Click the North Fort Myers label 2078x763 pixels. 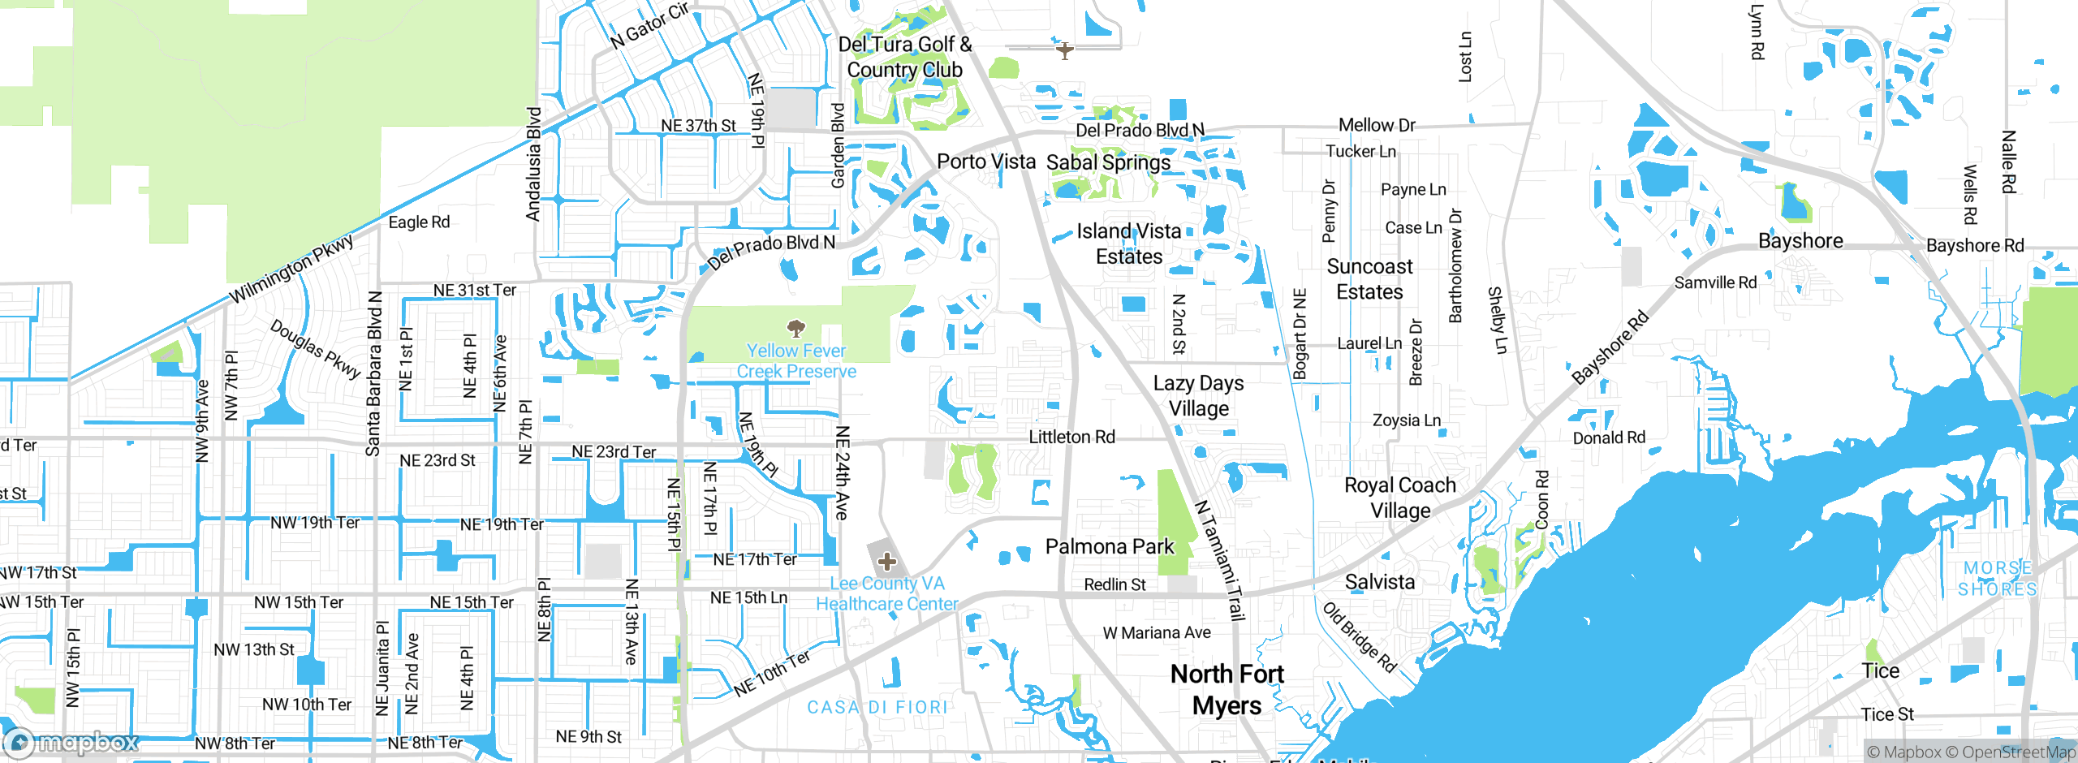pyautogui.click(x=1227, y=689)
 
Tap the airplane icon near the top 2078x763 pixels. pyautogui.click(x=1064, y=50)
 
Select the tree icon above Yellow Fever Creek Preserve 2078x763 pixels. pyautogui.click(x=796, y=328)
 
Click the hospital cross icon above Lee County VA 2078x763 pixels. pyautogui.click(x=887, y=561)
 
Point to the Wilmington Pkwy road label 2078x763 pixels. pyautogui.click(x=291, y=269)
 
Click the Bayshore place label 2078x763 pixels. pyautogui.click(x=1800, y=241)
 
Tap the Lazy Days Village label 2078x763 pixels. pyautogui.click(x=1198, y=395)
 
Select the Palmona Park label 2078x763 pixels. pyautogui.click(x=1109, y=546)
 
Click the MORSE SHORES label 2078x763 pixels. pyautogui.click(x=1998, y=579)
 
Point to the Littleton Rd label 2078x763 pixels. pyautogui.click(x=1071, y=437)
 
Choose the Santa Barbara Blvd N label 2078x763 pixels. pyautogui.click(x=373, y=373)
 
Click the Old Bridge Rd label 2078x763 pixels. pyautogui.click(x=1359, y=637)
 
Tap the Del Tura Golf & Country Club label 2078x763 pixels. pyautogui.click(x=904, y=57)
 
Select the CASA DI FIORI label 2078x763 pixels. pyautogui.click(x=877, y=707)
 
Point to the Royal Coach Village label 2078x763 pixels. pyautogui.click(x=1399, y=498)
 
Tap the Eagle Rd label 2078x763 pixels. pyautogui.click(x=419, y=222)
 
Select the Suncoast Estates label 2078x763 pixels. pyautogui.click(x=1369, y=278)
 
